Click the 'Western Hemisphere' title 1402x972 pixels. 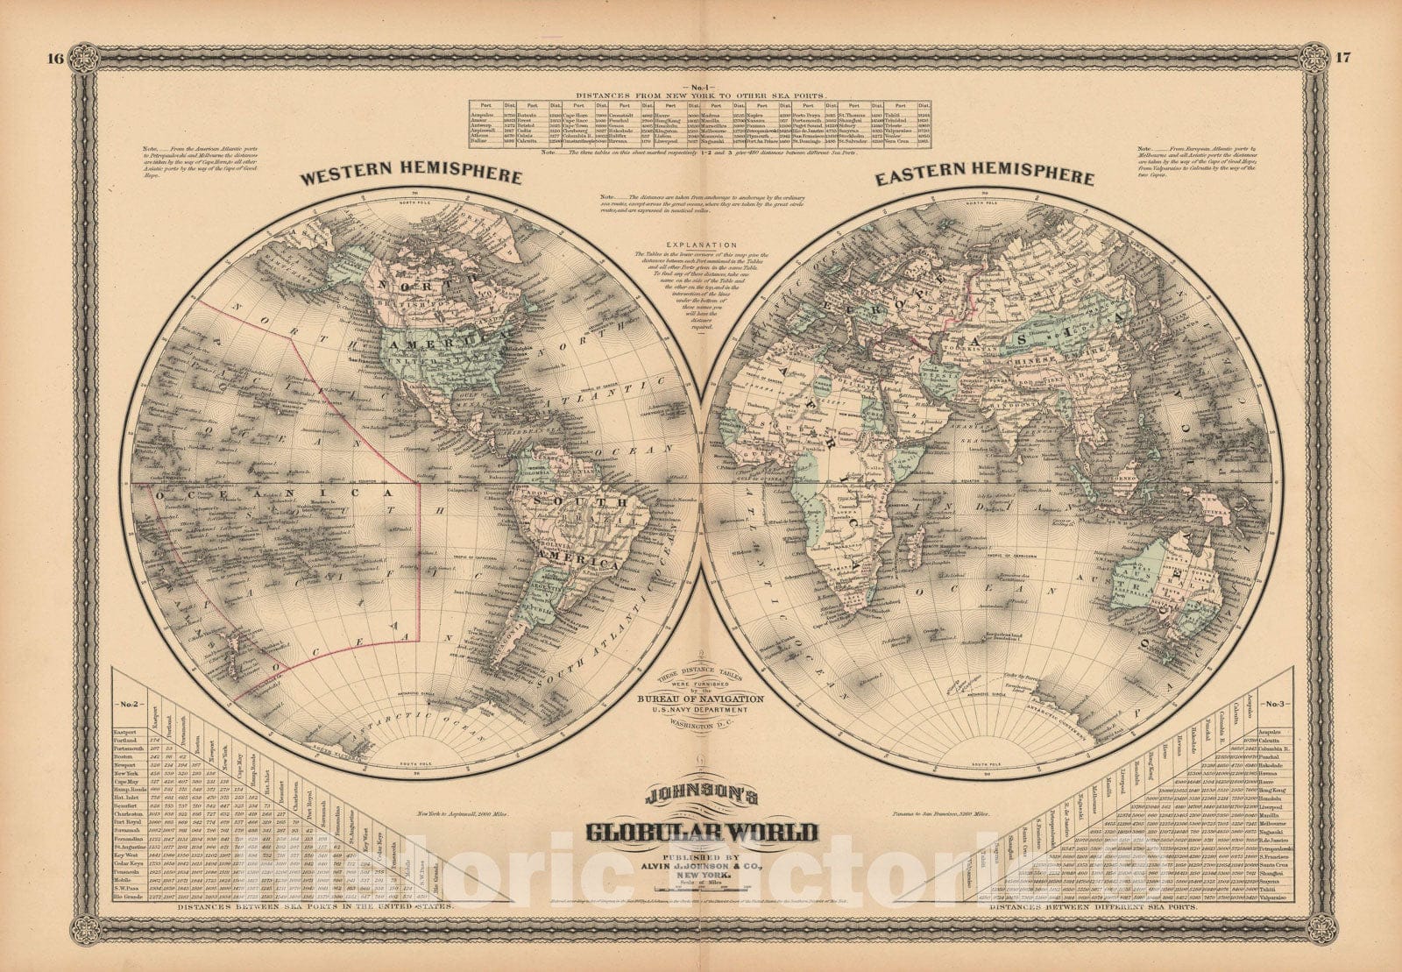pos(411,177)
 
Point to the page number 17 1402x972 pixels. pos(1343,59)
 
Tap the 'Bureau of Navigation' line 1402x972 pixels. pos(700,699)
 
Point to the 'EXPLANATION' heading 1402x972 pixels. pos(700,245)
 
